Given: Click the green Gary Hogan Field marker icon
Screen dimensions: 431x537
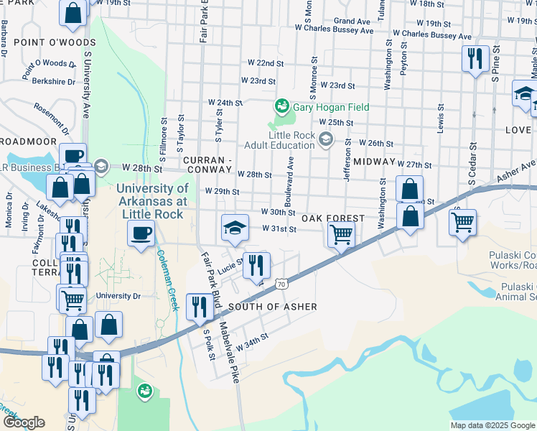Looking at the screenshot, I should pos(282,108).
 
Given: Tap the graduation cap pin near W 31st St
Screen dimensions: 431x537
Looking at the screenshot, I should pos(235,228).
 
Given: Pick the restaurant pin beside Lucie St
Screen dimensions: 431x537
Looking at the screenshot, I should pos(256,265).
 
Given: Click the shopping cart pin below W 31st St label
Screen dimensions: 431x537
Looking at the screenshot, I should pos(341,233).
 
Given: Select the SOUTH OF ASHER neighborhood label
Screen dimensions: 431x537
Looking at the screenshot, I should pos(272,307).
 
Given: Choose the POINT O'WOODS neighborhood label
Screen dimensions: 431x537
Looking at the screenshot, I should pos(45,44).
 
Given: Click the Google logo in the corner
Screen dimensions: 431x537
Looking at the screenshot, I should pos(24,422).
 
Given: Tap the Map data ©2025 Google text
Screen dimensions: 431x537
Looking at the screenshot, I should pos(492,425).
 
